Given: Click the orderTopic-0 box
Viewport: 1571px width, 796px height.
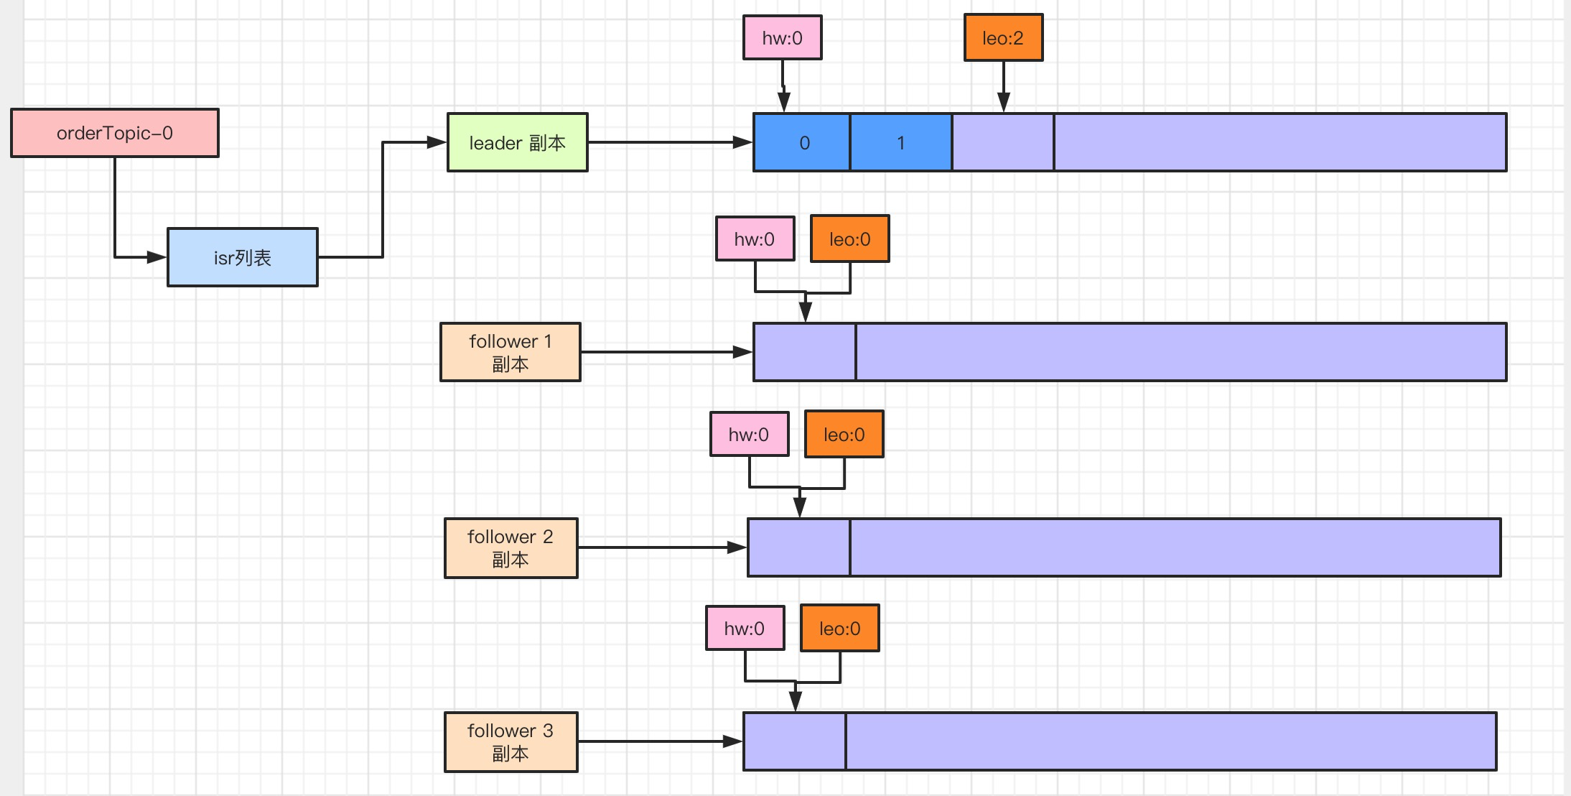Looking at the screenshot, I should pyautogui.click(x=115, y=133).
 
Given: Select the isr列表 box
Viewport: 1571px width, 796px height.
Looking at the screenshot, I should pyautogui.click(x=243, y=257).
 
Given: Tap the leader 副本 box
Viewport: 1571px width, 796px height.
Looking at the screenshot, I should pyautogui.click(x=517, y=142).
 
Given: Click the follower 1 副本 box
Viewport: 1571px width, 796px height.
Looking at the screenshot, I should pyautogui.click(x=510, y=352).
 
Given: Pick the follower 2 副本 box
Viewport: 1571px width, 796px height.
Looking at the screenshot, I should pyautogui.click(x=511, y=547).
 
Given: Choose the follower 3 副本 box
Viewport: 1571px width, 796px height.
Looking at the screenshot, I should pyautogui.click(x=511, y=741).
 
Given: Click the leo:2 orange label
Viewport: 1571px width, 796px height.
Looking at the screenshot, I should pyautogui.click(x=1003, y=37).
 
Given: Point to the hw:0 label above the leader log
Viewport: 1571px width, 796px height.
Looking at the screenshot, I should pyautogui.click(x=782, y=37).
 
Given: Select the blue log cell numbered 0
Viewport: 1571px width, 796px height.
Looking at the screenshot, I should pyautogui.click(x=802, y=142).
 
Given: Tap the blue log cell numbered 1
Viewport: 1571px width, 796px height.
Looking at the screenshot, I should pyautogui.click(x=901, y=142).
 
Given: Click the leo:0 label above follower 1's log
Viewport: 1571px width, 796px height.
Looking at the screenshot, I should pyautogui.click(x=849, y=239).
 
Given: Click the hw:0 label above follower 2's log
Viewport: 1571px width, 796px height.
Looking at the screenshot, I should pyautogui.click(x=749, y=434).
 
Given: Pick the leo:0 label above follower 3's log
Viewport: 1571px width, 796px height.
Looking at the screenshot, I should pyautogui.click(x=839, y=628).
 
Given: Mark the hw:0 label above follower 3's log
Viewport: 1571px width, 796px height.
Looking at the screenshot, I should pyautogui.click(x=745, y=628).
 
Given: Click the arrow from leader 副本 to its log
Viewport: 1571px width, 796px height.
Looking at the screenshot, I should pyautogui.click(x=668, y=142).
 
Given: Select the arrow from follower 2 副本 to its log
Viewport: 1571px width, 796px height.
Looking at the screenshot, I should pyautogui.click(x=661, y=547).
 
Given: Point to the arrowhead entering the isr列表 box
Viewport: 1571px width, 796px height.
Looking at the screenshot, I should pyautogui.click(x=157, y=256).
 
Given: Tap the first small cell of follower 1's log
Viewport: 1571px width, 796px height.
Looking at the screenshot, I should pyautogui.click(x=804, y=352).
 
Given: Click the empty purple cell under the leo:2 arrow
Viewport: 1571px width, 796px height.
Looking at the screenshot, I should pyautogui.click(x=1003, y=142).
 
